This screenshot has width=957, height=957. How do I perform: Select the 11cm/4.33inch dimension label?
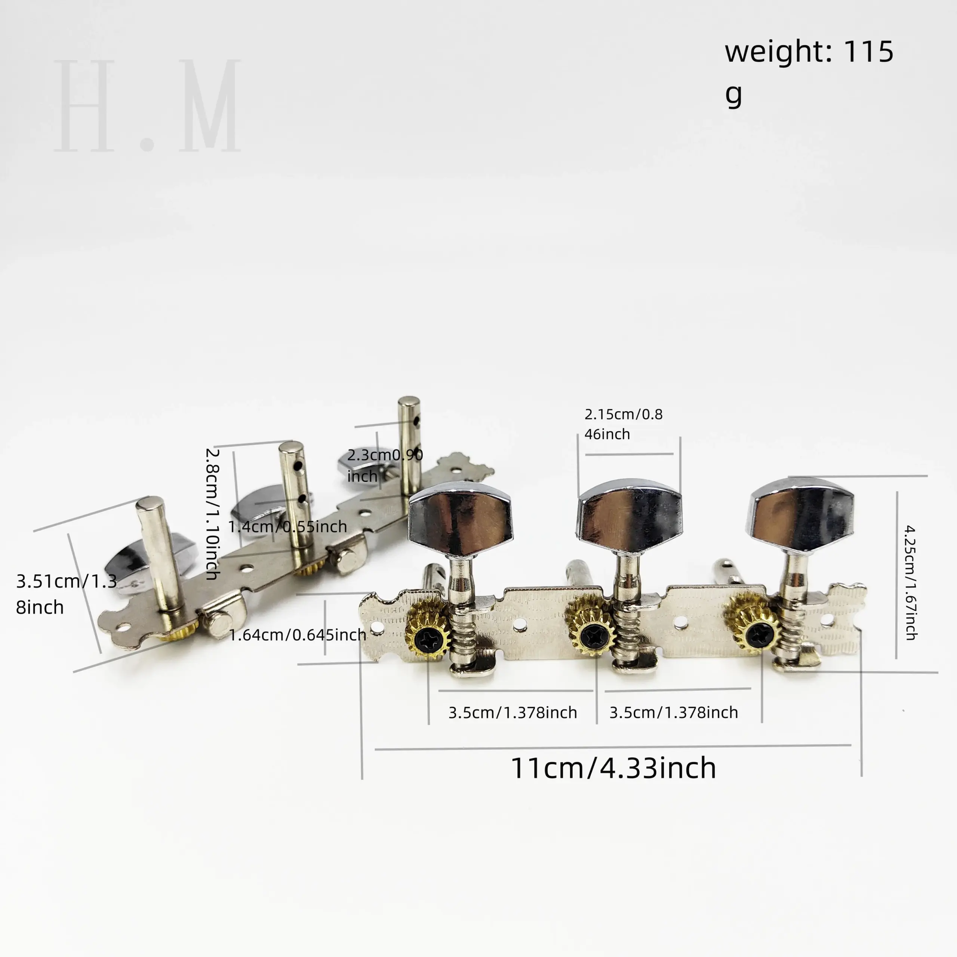pos(613,768)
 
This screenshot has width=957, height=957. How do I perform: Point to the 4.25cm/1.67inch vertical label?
pos(910,582)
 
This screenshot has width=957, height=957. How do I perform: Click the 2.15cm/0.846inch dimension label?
pos(623,424)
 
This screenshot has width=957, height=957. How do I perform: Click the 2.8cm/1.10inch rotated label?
pos(212,514)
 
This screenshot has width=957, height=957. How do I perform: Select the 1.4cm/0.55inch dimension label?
pos(287,526)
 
